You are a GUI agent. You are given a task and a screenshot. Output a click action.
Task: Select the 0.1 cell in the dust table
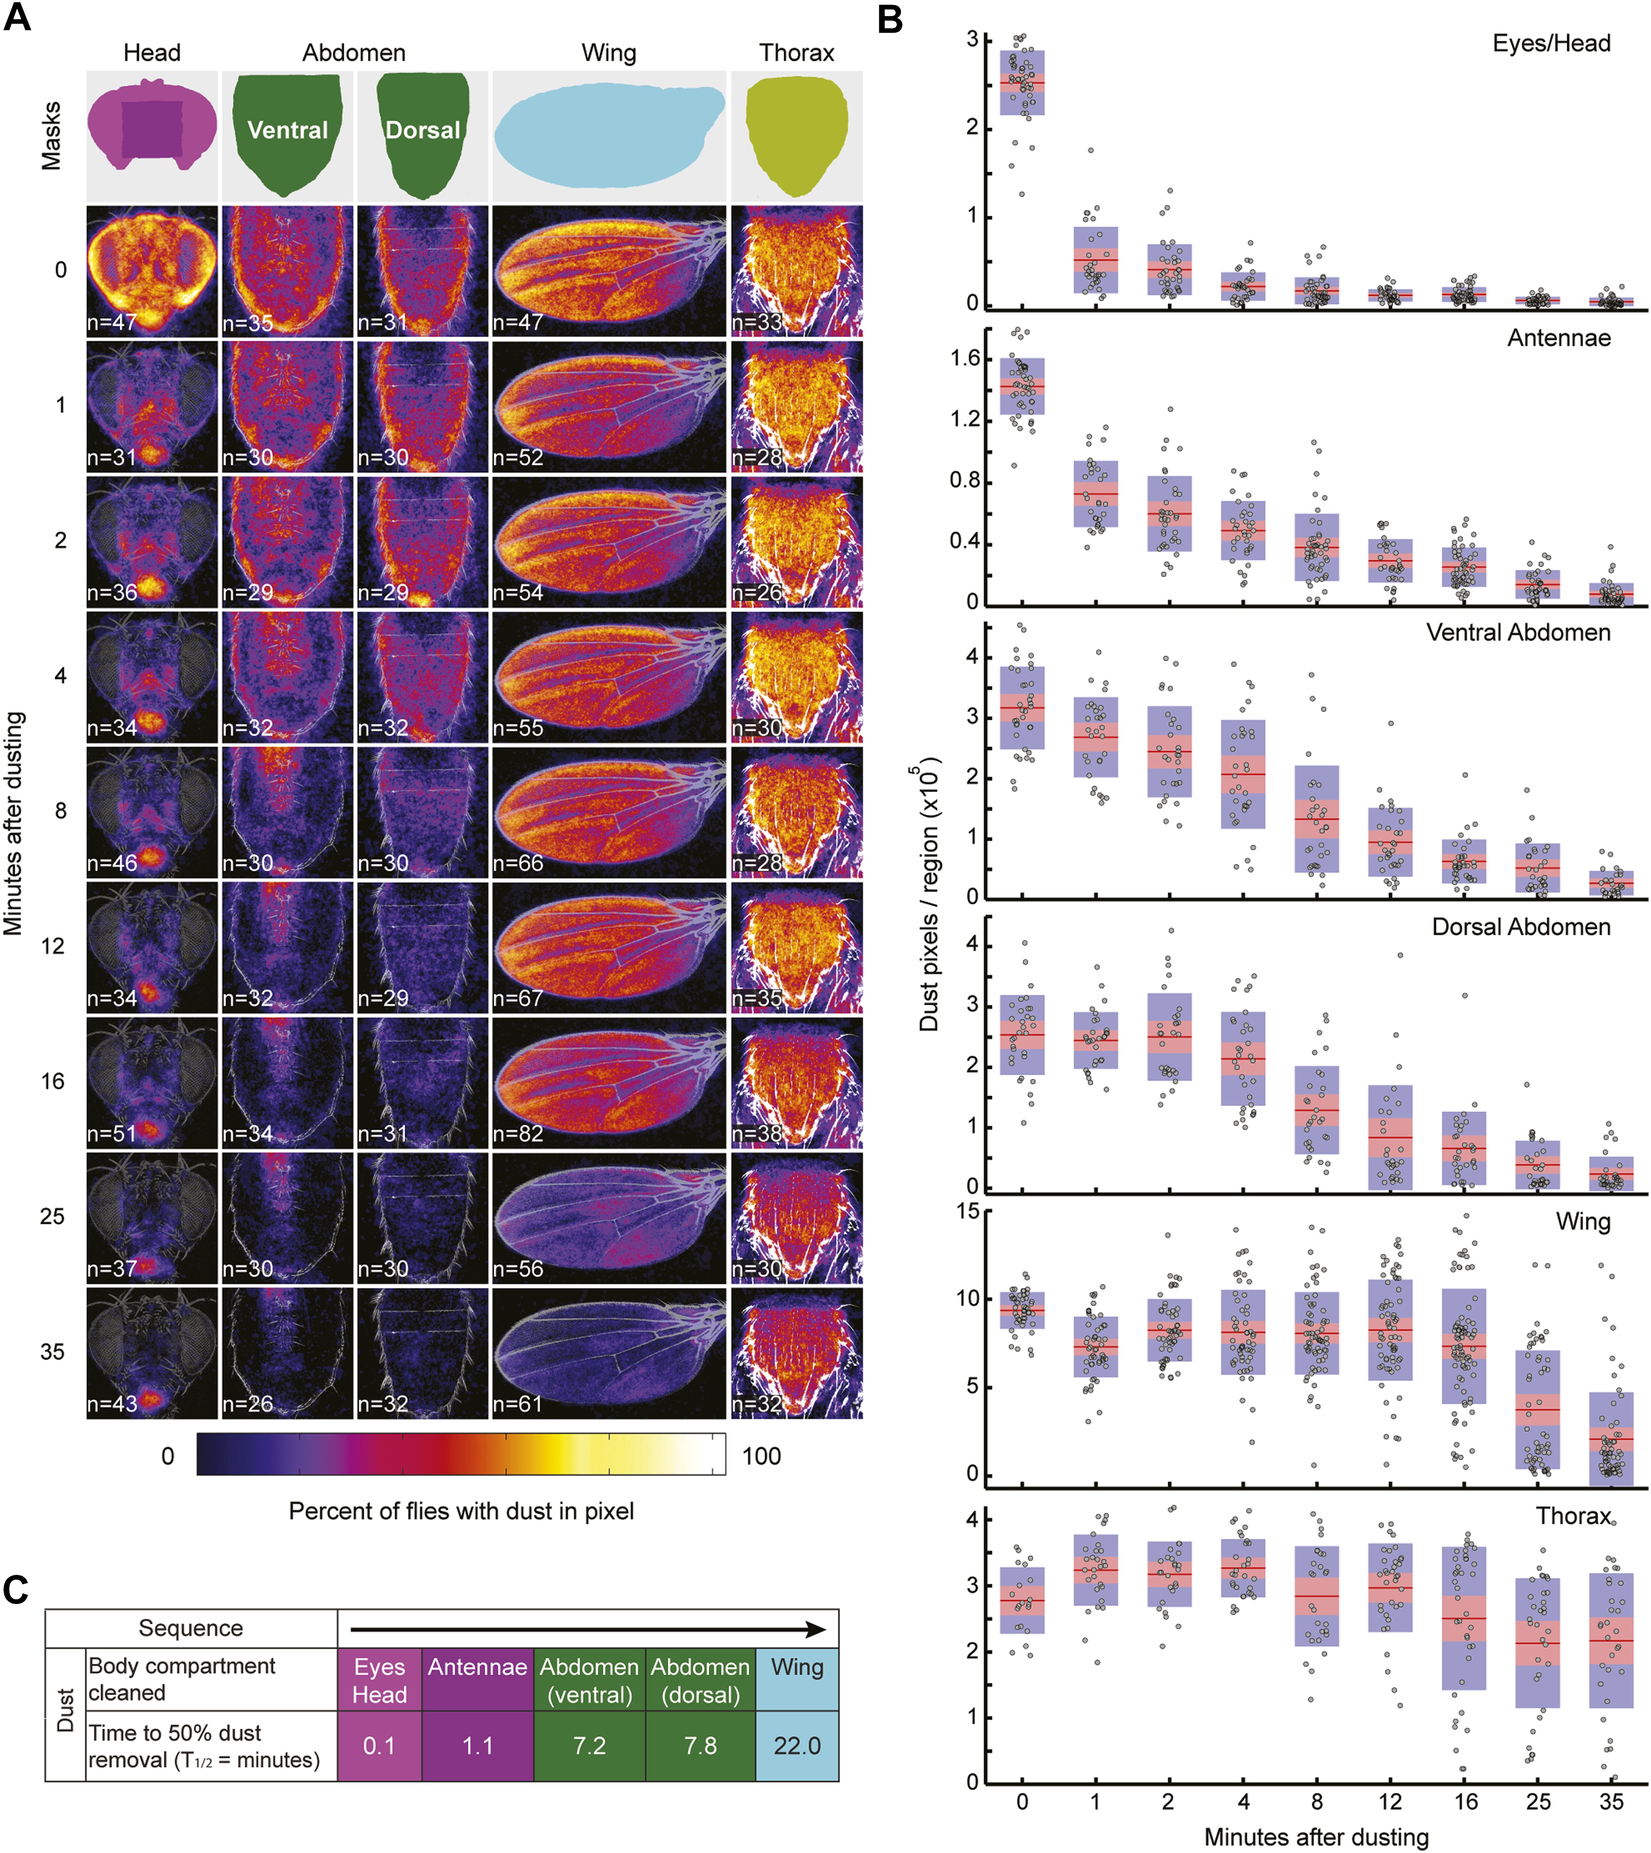tap(379, 1746)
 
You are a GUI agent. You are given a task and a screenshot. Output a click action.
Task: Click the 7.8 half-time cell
tap(700, 1746)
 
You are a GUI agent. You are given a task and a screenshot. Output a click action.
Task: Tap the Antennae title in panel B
tap(1559, 338)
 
